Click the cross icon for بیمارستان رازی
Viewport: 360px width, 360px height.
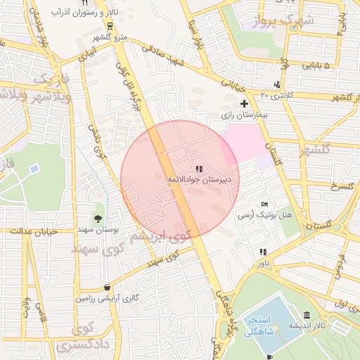click(x=244, y=103)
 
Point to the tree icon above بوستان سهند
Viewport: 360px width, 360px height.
click(x=98, y=219)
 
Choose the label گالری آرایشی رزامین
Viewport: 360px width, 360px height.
click(x=105, y=298)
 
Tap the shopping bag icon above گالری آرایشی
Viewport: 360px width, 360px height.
click(x=106, y=287)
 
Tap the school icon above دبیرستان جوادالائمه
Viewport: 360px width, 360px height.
click(x=199, y=169)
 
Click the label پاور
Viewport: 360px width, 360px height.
click(x=262, y=262)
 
